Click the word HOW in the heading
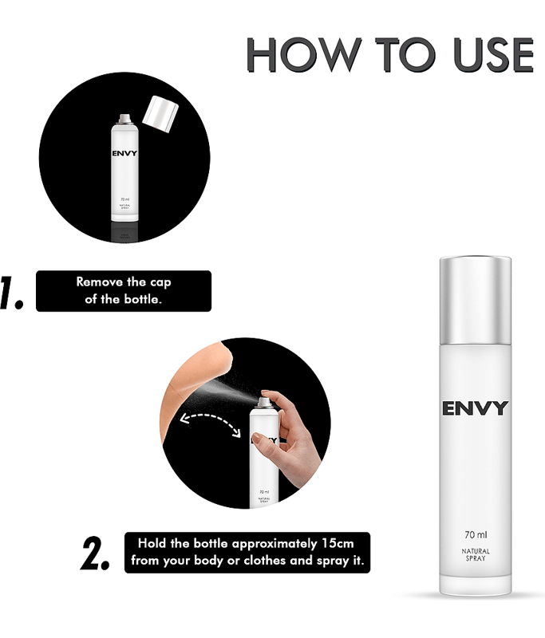pyautogui.click(x=304, y=54)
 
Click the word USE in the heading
pyautogui.click(x=493, y=54)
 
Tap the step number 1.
pyautogui.click(x=11, y=292)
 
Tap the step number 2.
pyautogui.click(x=95, y=553)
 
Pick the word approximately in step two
pyautogui.click(x=274, y=544)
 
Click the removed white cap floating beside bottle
pyautogui.click(x=160, y=113)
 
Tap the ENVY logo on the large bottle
pyautogui.click(x=476, y=408)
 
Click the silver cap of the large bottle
pyautogui.click(x=476, y=300)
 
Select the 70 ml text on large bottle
pyautogui.click(x=476, y=534)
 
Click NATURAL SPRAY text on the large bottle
pyautogui.click(x=476, y=554)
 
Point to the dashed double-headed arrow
pyautogui.click(x=211, y=421)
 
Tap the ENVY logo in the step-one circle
pyautogui.click(x=124, y=153)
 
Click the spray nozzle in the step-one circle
pyautogui.click(x=124, y=119)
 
